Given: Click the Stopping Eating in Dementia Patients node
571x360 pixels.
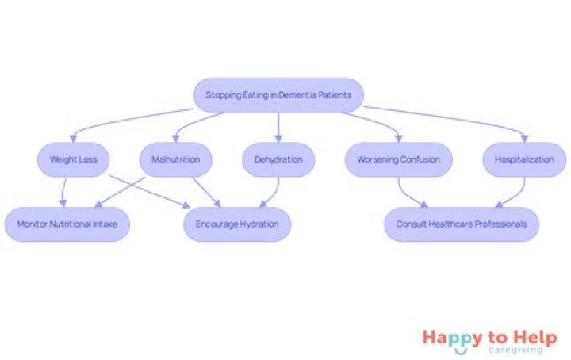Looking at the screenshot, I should [x=278, y=95].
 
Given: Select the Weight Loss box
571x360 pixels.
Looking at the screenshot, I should [x=74, y=159].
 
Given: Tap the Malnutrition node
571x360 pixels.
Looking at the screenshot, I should [x=176, y=159].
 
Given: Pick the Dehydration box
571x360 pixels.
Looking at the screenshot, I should [x=278, y=159].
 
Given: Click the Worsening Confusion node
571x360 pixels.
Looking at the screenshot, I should [x=398, y=159].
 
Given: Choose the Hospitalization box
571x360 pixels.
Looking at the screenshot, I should [x=524, y=159].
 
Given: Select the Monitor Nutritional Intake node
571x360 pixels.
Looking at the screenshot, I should [x=67, y=224].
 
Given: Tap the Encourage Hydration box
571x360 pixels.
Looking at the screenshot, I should [x=237, y=224].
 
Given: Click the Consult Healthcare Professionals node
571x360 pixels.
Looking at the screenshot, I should [x=461, y=224].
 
